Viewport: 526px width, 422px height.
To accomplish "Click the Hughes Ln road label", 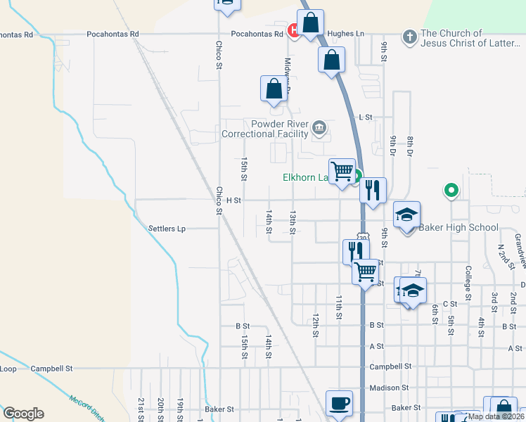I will point(347,33).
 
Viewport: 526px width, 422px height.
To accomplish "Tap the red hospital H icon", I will point(294,30).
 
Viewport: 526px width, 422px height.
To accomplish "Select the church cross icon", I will point(410,36).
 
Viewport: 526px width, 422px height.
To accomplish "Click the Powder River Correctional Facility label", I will point(265,129).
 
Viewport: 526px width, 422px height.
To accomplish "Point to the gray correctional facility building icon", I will point(319,128).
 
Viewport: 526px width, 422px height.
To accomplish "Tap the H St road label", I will point(233,200).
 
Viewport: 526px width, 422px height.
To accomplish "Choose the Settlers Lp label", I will point(167,229).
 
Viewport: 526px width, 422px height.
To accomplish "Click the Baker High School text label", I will point(458,227).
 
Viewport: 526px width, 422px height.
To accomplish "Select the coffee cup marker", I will point(340,403).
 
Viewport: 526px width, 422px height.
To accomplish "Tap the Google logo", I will point(23,414).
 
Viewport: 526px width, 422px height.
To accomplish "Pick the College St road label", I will point(468,268).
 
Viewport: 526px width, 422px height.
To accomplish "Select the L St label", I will point(364,117).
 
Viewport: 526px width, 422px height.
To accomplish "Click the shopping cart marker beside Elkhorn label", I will point(342,171).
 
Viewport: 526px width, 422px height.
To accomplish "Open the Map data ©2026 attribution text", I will point(494,416).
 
